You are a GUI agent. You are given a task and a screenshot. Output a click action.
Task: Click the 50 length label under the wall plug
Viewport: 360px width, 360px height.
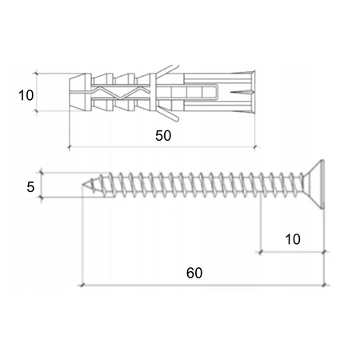click(163, 136)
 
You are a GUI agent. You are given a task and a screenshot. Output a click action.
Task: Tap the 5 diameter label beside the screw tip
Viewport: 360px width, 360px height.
click(30, 187)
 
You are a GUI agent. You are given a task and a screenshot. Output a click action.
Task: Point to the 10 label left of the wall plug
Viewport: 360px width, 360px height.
click(26, 95)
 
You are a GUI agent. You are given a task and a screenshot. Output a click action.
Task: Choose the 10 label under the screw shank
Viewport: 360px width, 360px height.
click(292, 238)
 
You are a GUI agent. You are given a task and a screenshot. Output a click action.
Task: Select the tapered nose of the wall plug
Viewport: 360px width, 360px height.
click(76, 92)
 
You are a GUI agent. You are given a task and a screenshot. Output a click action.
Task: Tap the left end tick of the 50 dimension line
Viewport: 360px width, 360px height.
click(70, 147)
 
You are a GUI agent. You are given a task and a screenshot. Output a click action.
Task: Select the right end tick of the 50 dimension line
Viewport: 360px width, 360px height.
click(255, 147)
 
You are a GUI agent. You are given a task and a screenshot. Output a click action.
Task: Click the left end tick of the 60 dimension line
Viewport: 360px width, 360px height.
click(82, 284)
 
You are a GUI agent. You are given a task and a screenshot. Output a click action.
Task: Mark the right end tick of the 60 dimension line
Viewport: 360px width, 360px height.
click(322, 284)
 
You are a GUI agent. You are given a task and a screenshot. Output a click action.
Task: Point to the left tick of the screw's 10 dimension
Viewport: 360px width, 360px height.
click(260, 251)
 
